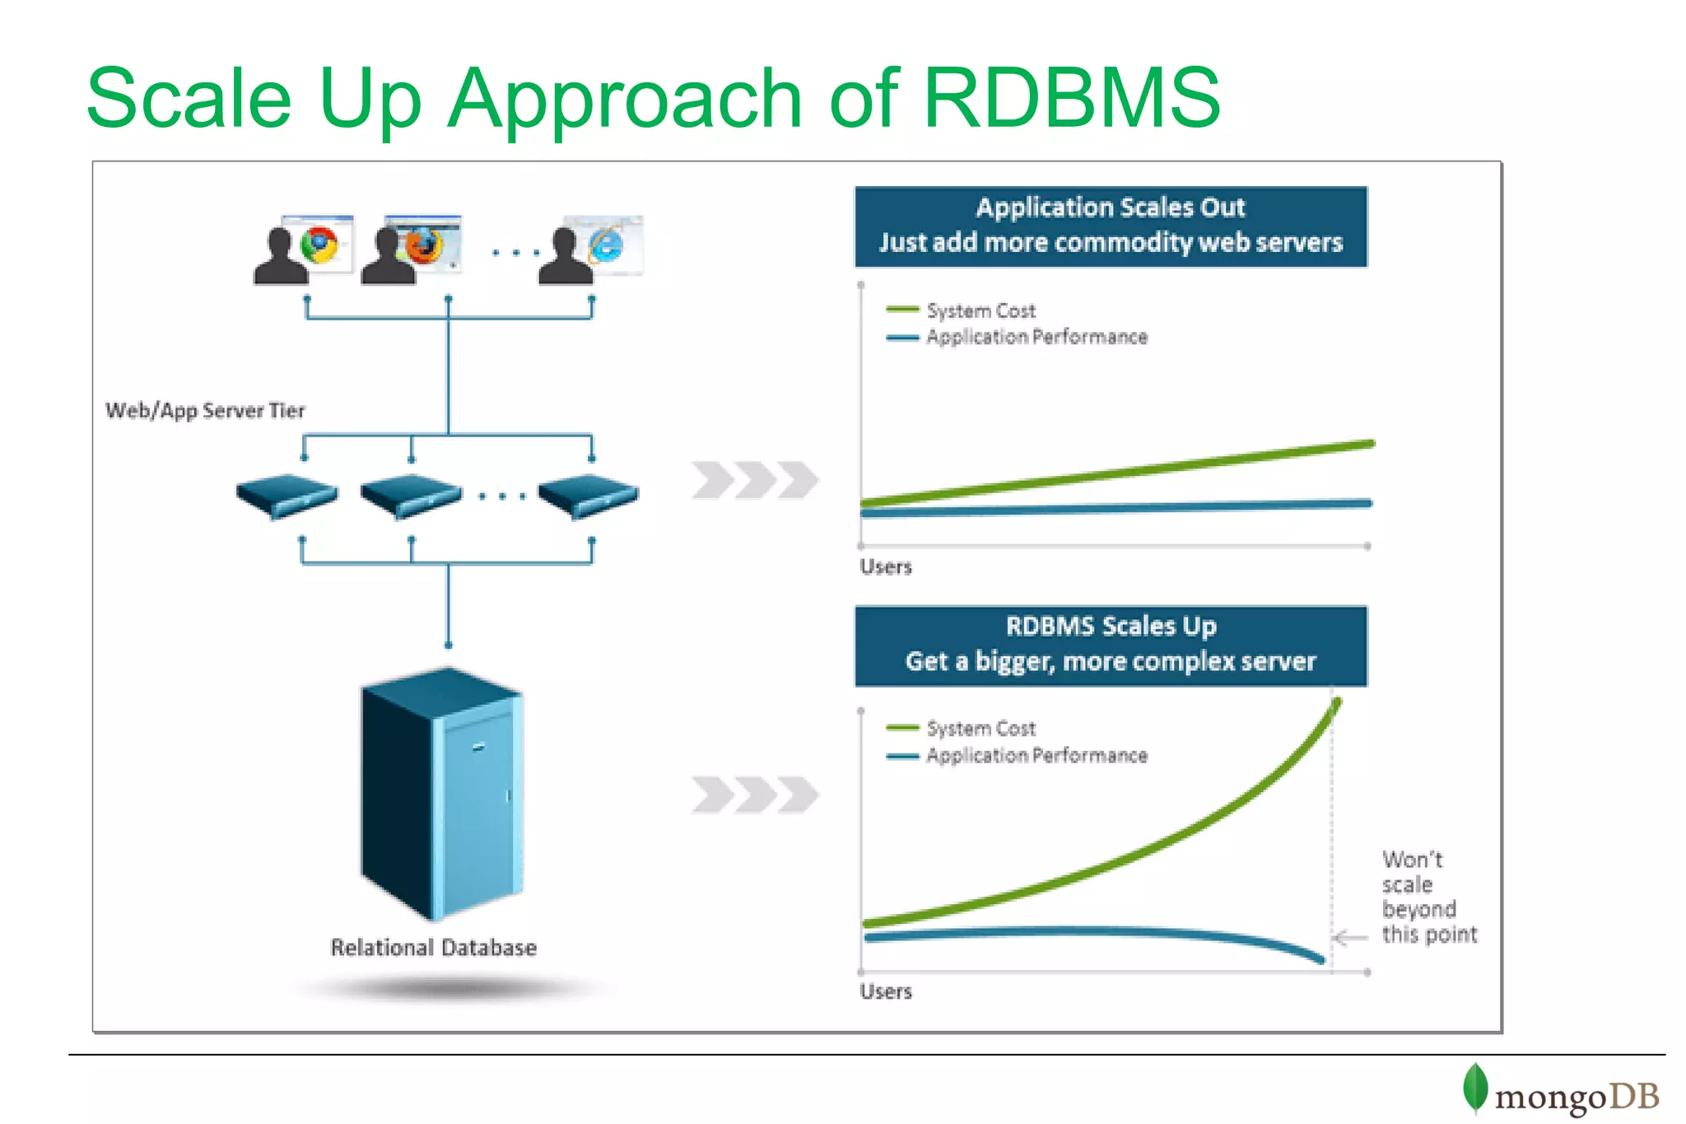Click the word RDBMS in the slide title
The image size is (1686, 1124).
[x=1070, y=99]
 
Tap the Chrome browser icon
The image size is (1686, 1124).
[x=319, y=245]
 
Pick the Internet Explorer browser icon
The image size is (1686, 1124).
[x=607, y=245]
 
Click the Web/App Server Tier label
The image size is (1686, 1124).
[x=205, y=410]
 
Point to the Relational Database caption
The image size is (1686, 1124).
[x=433, y=948]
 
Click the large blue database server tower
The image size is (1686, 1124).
[x=442, y=795]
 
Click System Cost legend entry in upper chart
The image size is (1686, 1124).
[x=980, y=310]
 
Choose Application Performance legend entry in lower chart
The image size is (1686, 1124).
[x=1036, y=755]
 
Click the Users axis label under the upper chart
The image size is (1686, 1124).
[x=886, y=567]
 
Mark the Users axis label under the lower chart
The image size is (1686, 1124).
[x=886, y=991]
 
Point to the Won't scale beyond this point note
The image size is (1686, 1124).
[x=1428, y=898]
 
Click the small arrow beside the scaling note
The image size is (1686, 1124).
[x=1348, y=938]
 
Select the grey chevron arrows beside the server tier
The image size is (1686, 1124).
[x=754, y=480]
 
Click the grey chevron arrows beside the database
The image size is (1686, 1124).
[x=754, y=795]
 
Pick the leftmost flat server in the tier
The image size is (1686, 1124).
[x=286, y=495]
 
